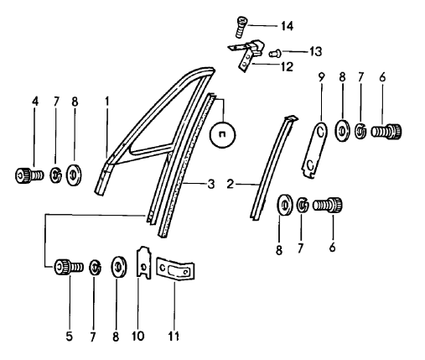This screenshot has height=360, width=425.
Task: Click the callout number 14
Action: pos(287,26)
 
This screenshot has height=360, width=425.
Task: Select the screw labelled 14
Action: pos(241,28)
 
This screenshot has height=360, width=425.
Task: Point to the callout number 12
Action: pos(287,66)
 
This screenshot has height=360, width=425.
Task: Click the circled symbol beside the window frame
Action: pos(222,135)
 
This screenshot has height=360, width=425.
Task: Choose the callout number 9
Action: pos(321,77)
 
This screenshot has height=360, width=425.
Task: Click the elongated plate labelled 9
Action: pos(315,150)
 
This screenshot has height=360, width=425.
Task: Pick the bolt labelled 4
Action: pos(29,175)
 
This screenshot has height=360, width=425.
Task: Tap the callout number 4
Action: pos(35,102)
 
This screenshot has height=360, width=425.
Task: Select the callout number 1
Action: pos(106,102)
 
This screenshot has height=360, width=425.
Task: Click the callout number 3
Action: pos(211,184)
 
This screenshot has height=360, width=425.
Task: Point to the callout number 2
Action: pos(230,184)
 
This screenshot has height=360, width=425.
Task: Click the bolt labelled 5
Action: pos(69,267)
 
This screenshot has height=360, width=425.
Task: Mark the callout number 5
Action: pos(70,337)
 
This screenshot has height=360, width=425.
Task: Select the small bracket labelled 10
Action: pos(143,263)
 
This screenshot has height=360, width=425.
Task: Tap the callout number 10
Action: pos(138,337)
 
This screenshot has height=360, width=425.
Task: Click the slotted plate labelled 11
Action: pos(175,269)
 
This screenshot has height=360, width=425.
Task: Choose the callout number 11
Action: pos(174,337)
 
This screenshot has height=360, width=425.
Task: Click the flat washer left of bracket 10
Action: pos(119,267)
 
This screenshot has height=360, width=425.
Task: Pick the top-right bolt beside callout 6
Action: pos(386,131)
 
